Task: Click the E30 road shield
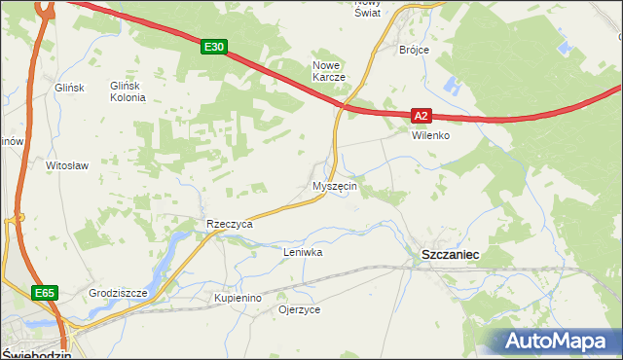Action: pos(215,46)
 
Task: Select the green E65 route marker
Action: pos(43,293)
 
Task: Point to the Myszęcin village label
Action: pos(336,185)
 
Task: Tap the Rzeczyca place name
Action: pos(229,224)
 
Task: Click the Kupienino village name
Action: pos(238,297)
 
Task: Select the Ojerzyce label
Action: pos(299,309)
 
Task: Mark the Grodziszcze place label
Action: pos(117,292)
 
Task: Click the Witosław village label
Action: pos(67,165)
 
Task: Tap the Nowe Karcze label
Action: pos(329,71)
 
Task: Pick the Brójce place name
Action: pos(414,49)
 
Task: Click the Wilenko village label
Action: pos(429,135)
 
